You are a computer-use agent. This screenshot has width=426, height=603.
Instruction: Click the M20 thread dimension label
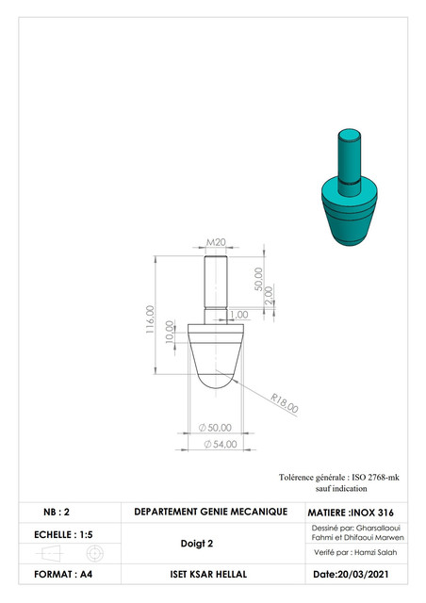click(216, 242)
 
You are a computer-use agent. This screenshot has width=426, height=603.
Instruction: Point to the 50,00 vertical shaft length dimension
click(257, 279)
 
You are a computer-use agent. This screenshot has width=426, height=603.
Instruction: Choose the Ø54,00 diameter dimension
click(217, 445)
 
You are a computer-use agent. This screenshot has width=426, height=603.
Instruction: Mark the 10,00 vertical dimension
click(170, 331)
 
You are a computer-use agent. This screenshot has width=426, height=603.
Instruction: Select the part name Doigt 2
click(197, 544)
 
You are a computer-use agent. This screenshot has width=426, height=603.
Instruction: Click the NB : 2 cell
click(56, 513)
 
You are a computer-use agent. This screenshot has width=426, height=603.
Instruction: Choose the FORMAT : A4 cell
click(61, 574)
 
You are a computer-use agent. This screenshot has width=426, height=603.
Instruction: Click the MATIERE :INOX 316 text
click(351, 513)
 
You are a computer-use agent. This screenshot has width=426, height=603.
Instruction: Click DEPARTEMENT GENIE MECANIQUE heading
click(210, 512)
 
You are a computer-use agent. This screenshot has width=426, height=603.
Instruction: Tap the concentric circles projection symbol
click(92, 554)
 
